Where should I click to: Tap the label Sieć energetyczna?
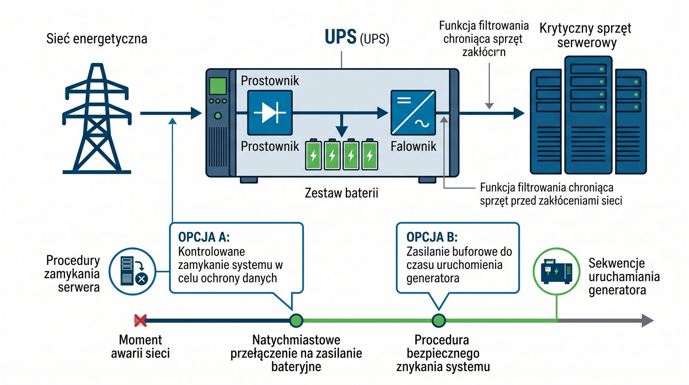97,39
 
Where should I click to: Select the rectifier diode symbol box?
270,113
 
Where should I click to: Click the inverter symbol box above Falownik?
413,113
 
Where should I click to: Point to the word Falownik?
413,147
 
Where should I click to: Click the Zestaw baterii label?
341,193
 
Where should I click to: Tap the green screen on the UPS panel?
217,86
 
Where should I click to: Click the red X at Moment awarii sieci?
140,320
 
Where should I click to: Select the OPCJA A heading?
204,237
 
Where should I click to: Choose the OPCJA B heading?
432,237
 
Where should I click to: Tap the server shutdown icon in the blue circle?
132,271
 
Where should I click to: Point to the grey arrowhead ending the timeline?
648,320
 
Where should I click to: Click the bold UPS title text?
341,37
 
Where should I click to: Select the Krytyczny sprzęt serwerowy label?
586,35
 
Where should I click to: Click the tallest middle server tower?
588,115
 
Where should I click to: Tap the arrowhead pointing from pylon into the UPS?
196,113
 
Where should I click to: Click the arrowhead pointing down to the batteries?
341,131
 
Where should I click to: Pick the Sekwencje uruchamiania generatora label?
624,276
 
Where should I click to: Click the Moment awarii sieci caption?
140,346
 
